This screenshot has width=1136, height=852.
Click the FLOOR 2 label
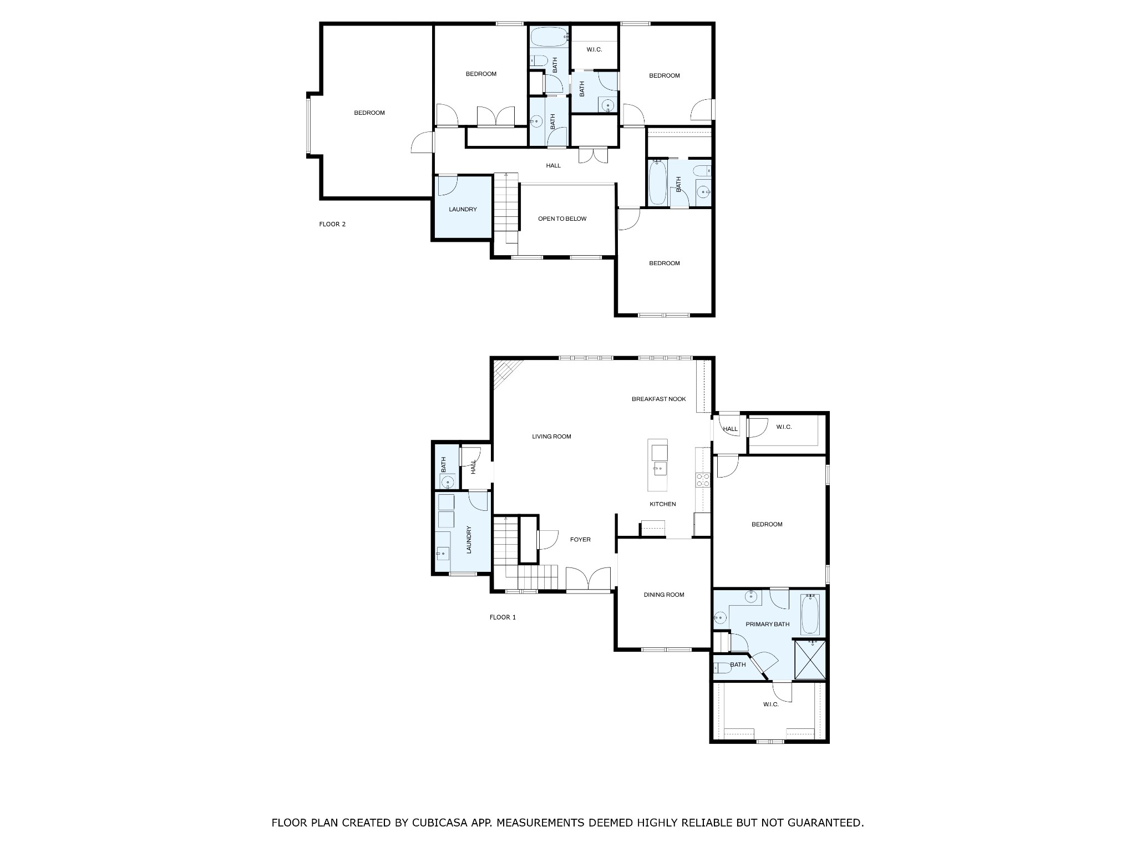pyautogui.click(x=332, y=224)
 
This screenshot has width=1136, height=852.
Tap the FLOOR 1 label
pyautogui.click(x=503, y=617)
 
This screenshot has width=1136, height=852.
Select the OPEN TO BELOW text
pyautogui.click(x=562, y=219)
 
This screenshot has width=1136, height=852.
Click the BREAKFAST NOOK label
pyautogui.click(x=659, y=399)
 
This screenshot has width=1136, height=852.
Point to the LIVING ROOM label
pyautogui.click(x=551, y=437)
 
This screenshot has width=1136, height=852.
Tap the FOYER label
pyautogui.click(x=580, y=539)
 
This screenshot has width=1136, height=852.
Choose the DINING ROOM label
pyautogui.click(x=664, y=595)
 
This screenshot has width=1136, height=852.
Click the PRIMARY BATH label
pyautogui.click(x=767, y=624)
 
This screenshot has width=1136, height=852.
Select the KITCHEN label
pyautogui.click(x=663, y=504)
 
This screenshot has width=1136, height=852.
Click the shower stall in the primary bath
pyautogui.click(x=810, y=659)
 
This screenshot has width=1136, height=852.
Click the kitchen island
pyautogui.click(x=658, y=465)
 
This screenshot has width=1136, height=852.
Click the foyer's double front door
pyautogui.click(x=588, y=579)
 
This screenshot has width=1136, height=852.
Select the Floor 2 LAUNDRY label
pyautogui.click(x=463, y=210)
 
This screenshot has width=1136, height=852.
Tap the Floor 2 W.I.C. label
pyautogui.click(x=594, y=50)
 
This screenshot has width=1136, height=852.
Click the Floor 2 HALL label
pyautogui.click(x=553, y=165)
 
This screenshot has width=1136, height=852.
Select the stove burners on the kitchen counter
pyautogui.click(x=703, y=480)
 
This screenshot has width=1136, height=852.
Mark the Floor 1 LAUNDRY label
pyautogui.click(x=469, y=539)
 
